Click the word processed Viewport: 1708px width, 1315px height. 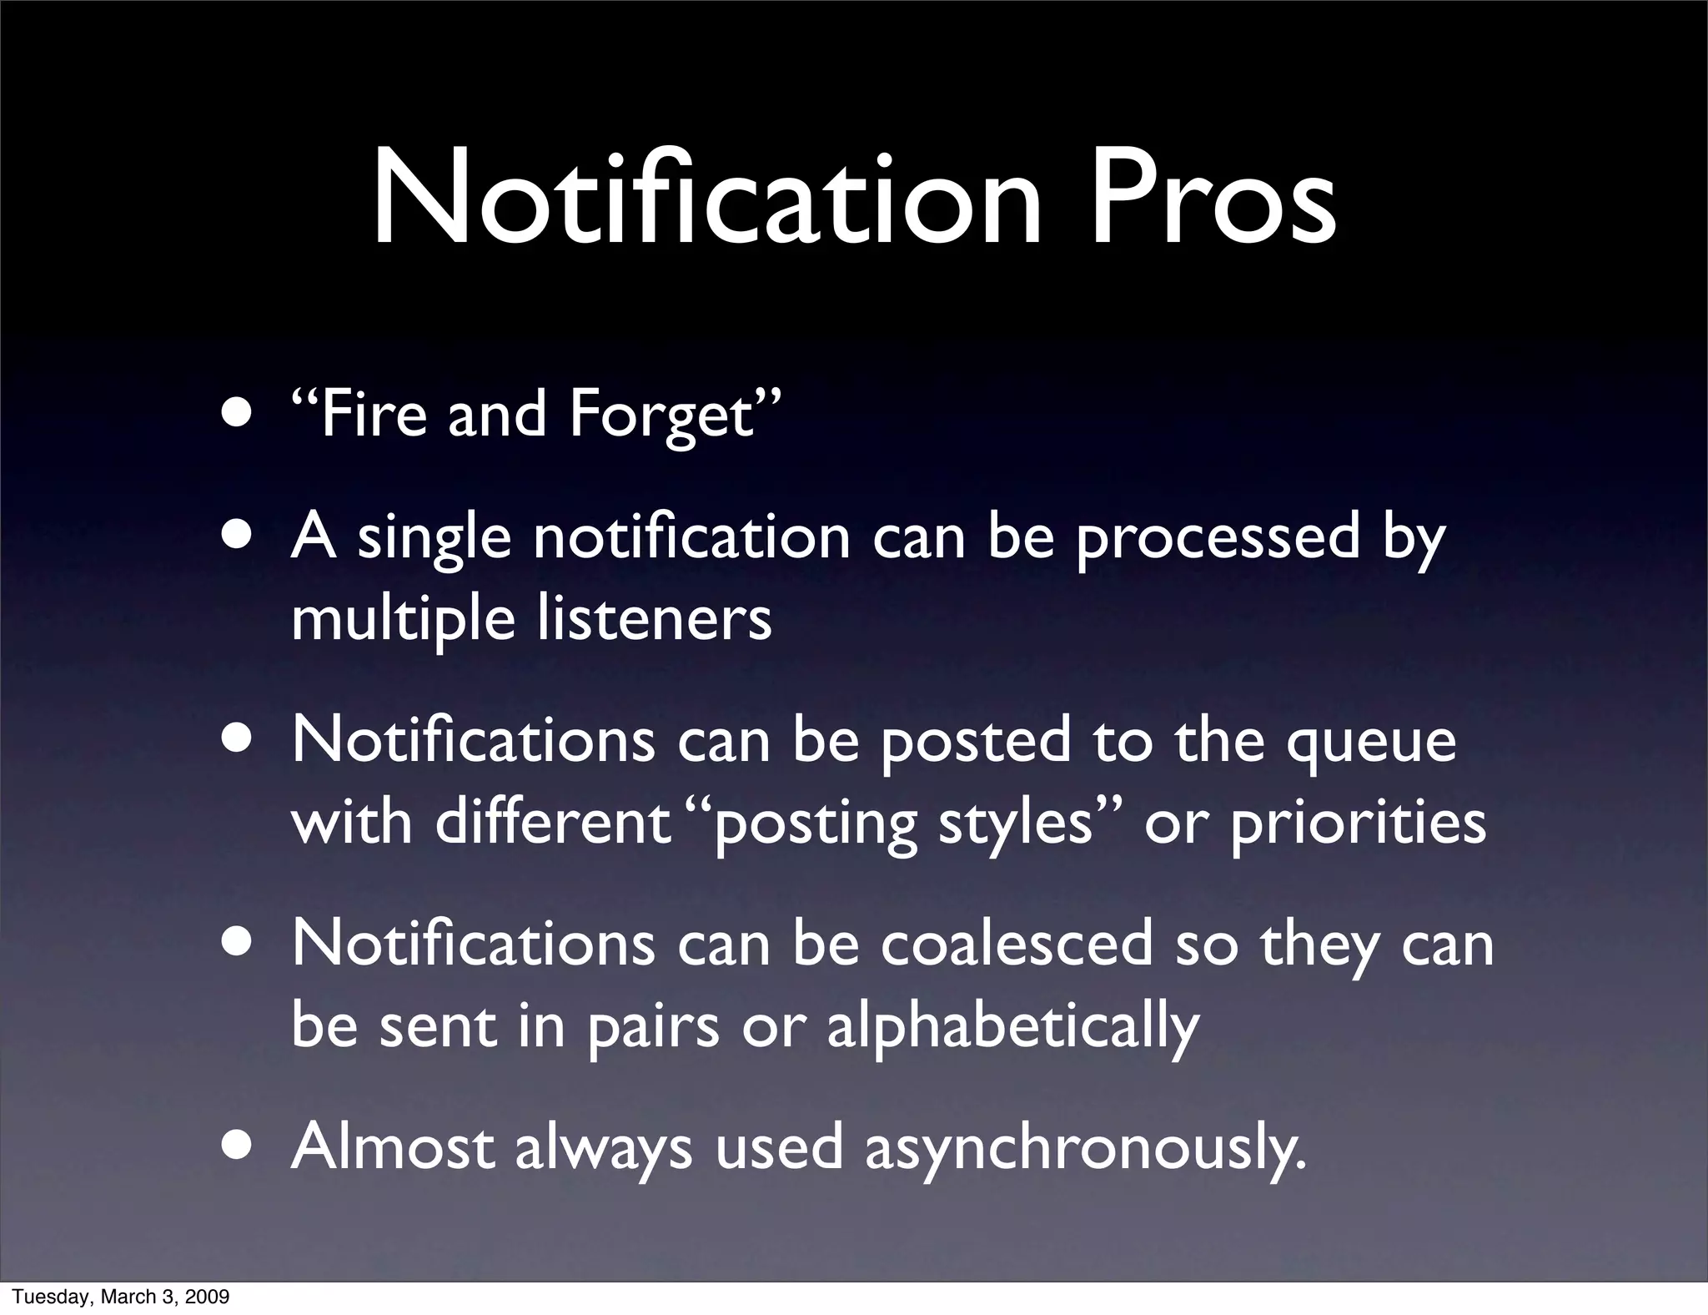[x=1218, y=538]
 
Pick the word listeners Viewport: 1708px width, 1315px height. [x=655, y=619]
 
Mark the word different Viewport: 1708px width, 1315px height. [x=553, y=823]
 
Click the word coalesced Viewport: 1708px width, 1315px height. [x=1017, y=945]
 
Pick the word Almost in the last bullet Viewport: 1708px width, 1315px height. [x=393, y=1147]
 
